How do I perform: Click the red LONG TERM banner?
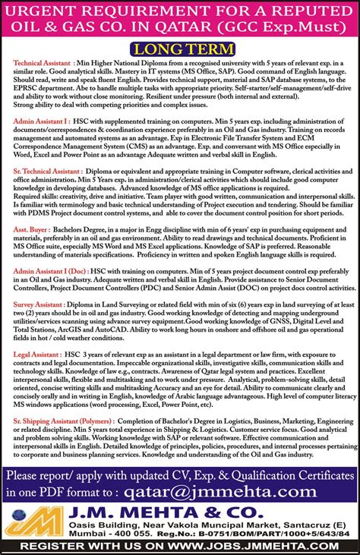tap(179, 47)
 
